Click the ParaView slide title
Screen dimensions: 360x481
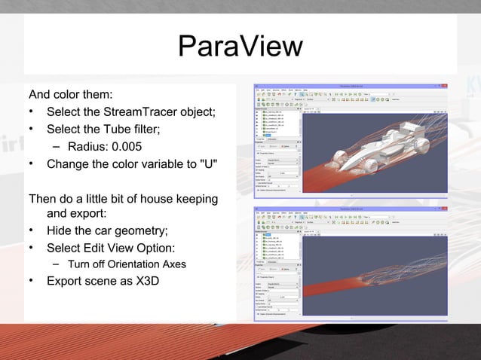[240, 47]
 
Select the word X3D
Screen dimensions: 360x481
[146, 282]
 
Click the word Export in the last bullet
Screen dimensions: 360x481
[66, 282]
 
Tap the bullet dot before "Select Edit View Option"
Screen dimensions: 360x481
[32, 248]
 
